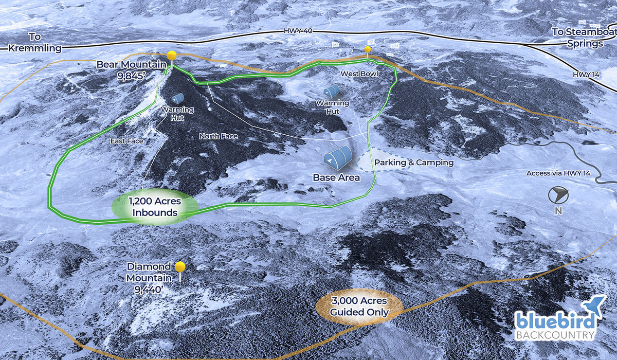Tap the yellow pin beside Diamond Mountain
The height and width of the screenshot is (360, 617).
[180, 267]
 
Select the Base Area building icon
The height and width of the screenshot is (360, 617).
[338, 157]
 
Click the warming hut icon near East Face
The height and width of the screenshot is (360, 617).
[178, 98]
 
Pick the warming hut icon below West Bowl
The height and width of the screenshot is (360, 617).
[331, 92]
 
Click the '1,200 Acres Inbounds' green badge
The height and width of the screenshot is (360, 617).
[155, 207]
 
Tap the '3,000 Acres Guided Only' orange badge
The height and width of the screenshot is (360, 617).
[359, 307]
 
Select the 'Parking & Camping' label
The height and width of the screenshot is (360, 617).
[414, 163]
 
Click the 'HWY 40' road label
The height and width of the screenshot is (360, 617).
[295, 31]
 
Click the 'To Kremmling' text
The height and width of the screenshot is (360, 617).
[35, 44]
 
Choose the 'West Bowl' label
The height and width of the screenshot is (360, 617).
[359, 75]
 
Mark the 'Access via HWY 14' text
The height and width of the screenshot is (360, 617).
[558, 173]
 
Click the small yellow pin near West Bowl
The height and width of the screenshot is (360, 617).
[368, 49]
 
